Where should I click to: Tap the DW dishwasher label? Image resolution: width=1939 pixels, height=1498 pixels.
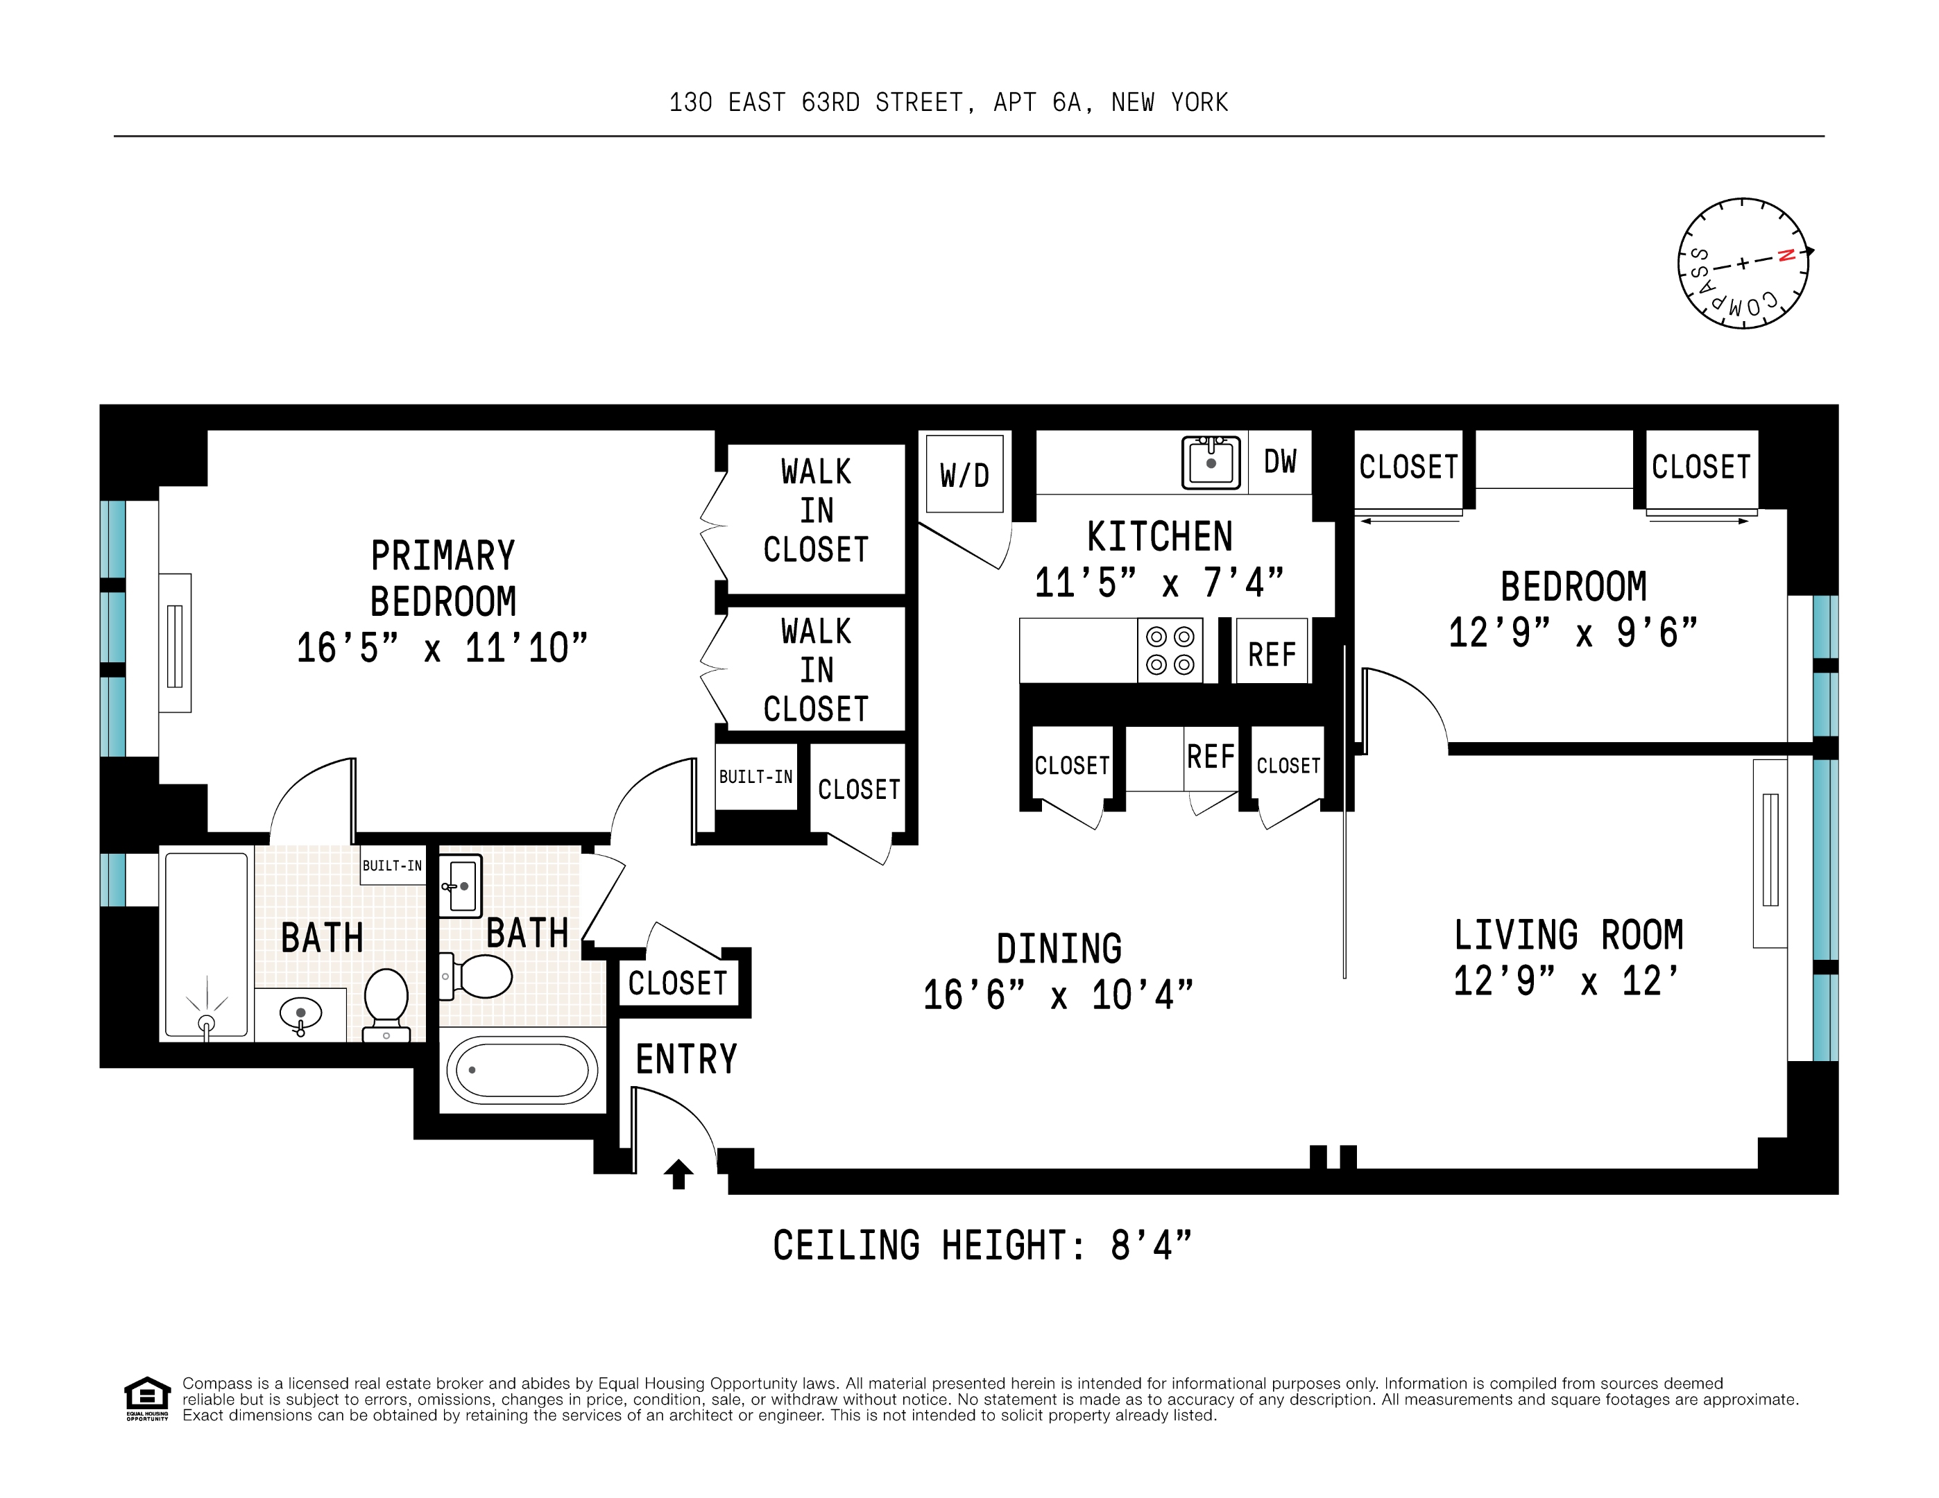(1279, 461)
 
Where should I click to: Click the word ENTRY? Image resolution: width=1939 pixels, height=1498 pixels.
(686, 1059)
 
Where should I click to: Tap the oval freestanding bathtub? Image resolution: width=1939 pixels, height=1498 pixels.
(522, 1070)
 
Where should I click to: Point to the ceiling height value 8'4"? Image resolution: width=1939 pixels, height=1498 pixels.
(1151, 1245)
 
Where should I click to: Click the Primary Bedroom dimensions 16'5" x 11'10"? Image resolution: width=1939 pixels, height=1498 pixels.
(442, 648)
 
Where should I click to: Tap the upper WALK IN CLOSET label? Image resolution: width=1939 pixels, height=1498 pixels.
(816, 510)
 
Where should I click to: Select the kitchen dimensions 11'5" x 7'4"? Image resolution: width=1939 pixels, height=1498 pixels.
(1159, 583)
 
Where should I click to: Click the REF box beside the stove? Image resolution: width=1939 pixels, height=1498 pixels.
(1272, 654)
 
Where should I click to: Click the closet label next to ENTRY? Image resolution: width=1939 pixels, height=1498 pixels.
(677, 983)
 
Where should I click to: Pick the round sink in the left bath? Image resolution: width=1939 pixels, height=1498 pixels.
(300, 1013)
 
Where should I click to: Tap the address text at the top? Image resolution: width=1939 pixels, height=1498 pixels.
(948, 103)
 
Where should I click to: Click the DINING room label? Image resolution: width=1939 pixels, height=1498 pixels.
(1058, 949)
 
